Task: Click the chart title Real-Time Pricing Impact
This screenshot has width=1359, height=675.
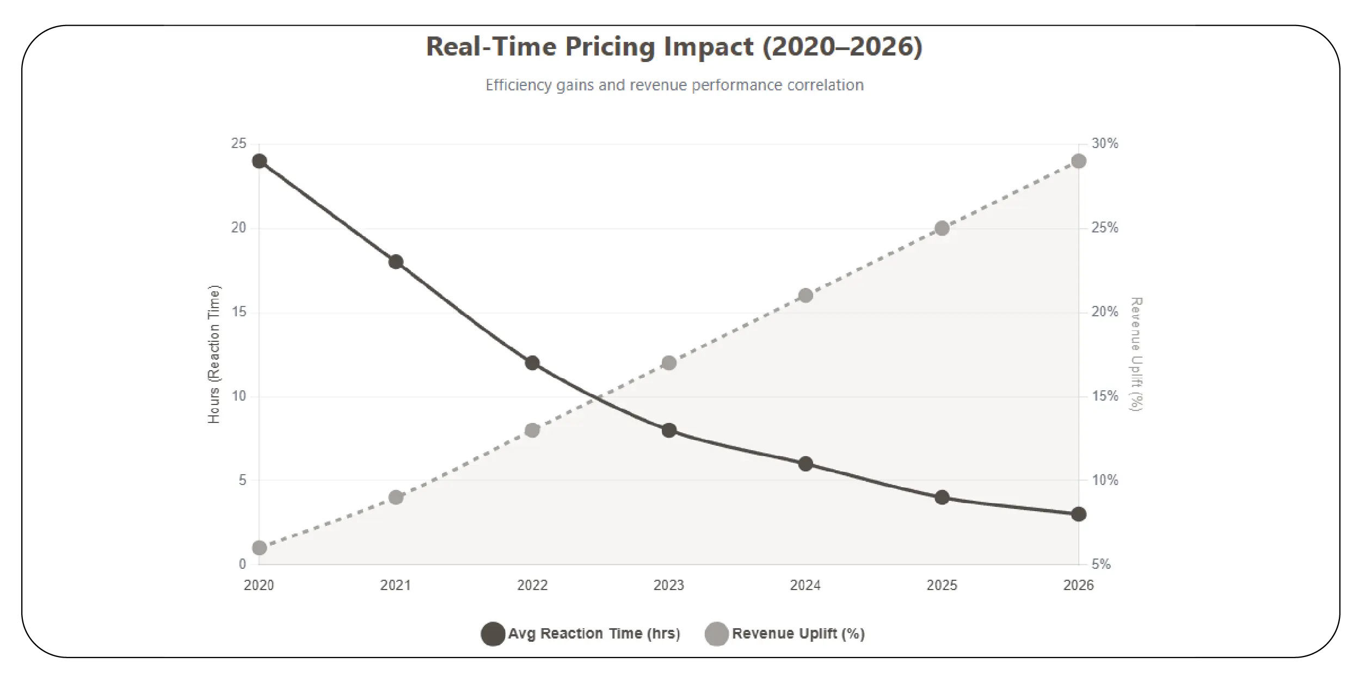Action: pos(674,47)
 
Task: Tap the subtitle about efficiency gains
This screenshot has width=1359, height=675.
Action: pos(674,85)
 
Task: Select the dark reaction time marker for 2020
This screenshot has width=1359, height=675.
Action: pos(260,161)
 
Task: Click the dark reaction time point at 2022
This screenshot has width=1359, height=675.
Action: pos(532,363)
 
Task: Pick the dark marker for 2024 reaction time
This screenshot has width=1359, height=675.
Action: pos(805,464)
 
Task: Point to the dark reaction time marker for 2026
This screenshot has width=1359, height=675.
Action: pos(1078,514)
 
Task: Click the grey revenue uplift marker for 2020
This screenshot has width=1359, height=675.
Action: pos(260,548)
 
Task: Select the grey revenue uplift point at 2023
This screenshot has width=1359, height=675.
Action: pos(669,363)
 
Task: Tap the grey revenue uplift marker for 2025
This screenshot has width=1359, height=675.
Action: pos(942,229)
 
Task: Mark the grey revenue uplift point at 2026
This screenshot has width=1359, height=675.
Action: pos(1078,161)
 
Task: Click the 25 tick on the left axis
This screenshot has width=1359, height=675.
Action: pos(238,144)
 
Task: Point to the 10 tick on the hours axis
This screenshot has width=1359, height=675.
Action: pos(238,396)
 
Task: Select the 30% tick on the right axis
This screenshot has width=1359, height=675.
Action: pos(1105,144)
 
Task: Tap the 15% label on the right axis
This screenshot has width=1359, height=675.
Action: pos(1105,396)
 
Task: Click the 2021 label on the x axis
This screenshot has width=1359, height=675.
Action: pos(396,585)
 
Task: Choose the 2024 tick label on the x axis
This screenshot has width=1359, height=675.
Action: pos(805,585)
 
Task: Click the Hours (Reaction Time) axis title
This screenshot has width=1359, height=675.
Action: pos(214,354)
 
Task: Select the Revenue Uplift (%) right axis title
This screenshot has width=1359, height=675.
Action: pos(1136,354)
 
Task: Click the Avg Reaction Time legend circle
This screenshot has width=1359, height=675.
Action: pos(493,634)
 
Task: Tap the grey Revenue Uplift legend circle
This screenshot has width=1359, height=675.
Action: pos(716,634)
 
